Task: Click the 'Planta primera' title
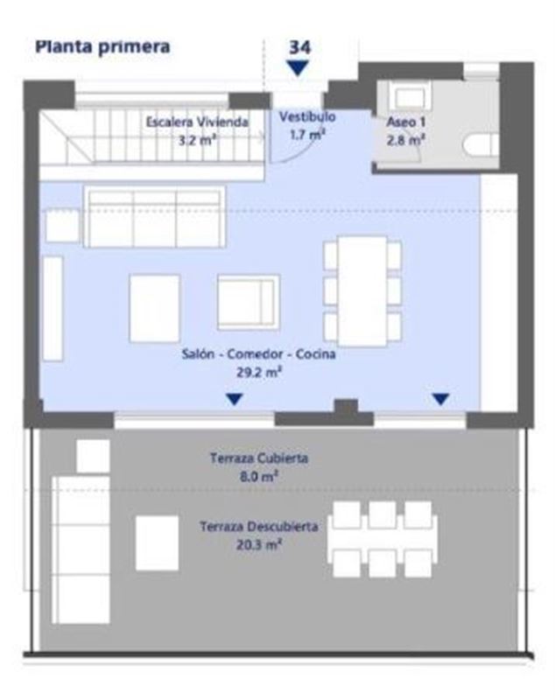pos(102,47)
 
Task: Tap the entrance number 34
pos(299,47)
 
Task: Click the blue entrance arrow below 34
pos(298,68)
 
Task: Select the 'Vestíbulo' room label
pos(307,117)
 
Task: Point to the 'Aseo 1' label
pos(406,122)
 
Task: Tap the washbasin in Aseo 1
pos(411,96)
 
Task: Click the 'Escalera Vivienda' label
pos(197,122)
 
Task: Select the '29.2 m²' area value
pos(259,373)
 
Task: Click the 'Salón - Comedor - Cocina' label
pos(258,354)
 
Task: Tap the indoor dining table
pos(362,291)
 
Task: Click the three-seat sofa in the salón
pos(154,217)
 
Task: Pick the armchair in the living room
pos(249,302)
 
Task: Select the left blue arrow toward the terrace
pos(235,399)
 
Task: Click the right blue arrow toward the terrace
pos(440,399)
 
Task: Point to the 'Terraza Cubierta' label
pos(259,458)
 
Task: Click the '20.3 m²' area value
pos(259,545)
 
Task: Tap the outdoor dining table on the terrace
pos(383,540)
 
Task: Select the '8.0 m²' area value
pos(259,477)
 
